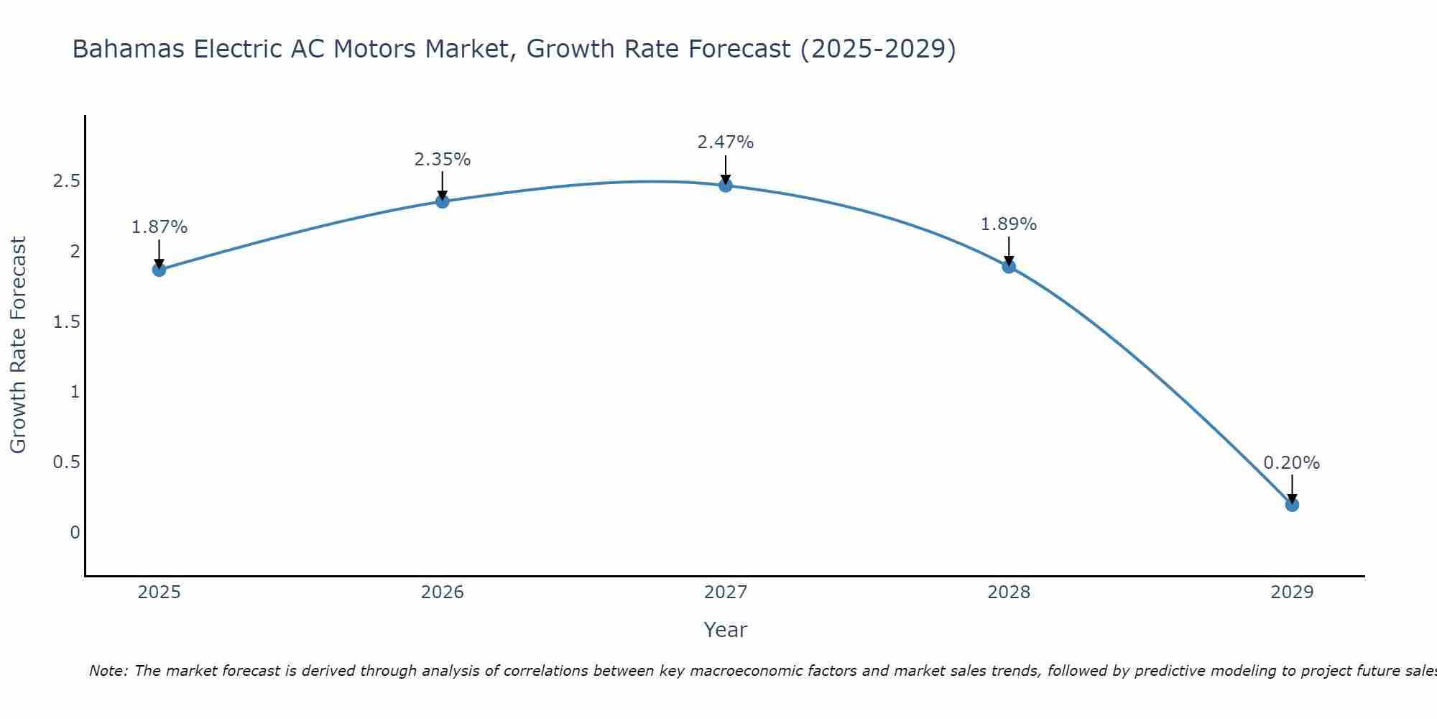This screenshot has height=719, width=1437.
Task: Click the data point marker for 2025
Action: coord(159,270)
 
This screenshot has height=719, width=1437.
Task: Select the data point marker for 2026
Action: coord(443,201)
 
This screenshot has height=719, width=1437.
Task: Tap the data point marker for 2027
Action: coord(726,186)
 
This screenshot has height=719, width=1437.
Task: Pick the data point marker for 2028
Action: coord(1009,267)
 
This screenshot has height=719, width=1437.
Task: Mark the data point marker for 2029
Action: coord(1292,505)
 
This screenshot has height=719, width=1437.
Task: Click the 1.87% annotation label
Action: coord(159,227)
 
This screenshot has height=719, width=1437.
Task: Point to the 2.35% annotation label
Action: coord(443,160)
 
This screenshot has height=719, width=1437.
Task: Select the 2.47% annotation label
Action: coord(726,142)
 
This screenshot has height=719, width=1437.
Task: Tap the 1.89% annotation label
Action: coord(1009,224)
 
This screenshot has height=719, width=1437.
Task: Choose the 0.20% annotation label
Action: coord(1292,463)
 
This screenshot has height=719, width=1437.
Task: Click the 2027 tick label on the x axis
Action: coord(726,592)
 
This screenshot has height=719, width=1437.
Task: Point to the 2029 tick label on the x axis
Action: coord(1292,592)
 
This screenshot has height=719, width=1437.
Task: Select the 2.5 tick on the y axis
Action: coord(66,181)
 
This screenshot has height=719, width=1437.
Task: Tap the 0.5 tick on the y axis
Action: coord(66,462)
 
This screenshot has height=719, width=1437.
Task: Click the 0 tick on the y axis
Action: coord(75,533)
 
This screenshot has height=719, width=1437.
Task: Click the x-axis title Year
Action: coord(726,630)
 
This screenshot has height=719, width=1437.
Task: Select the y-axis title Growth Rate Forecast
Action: coord(18,345)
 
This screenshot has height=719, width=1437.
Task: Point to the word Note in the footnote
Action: coord(108,671)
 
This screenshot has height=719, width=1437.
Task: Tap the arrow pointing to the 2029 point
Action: coord(1292,489)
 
